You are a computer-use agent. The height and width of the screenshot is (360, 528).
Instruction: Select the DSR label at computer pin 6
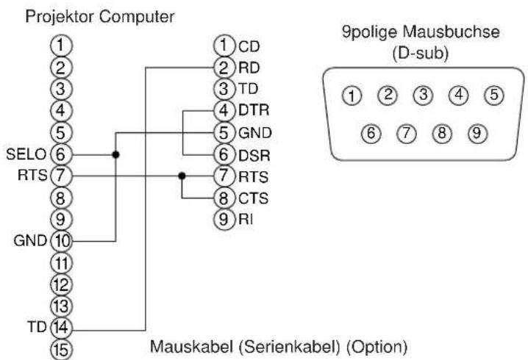(249, 155)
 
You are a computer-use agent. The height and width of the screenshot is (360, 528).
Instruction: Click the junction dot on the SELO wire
(115, 155)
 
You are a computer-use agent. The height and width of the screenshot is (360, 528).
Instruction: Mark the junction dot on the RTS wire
(181, 176)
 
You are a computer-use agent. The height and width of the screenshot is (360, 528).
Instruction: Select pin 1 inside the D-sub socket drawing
(354, 95)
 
